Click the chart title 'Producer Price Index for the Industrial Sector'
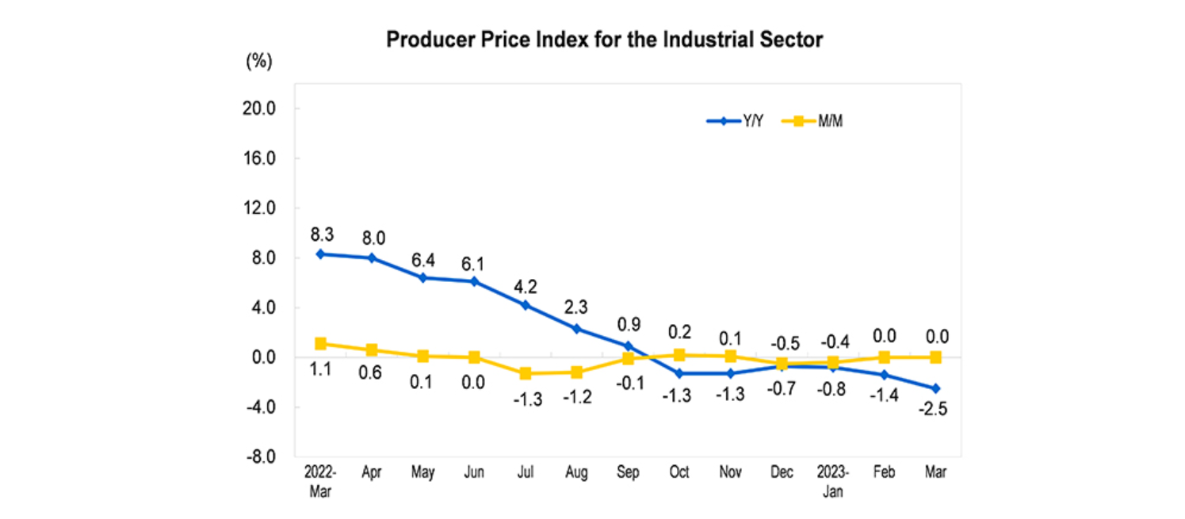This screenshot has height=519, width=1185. point(604,40)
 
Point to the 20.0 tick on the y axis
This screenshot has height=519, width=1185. point(258,109)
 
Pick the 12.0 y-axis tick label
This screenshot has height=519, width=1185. point(258,208)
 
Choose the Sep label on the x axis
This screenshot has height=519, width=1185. point(628,472)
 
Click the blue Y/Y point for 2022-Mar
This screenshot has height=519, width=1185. point(320,254)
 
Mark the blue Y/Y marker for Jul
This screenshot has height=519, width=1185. point(526,305)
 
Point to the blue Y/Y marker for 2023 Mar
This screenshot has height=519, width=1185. point(935,388)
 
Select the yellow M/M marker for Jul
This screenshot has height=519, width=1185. point(526,373)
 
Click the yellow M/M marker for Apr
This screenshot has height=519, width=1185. point(372,350)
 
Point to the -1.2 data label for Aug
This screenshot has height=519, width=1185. point(577,397)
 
